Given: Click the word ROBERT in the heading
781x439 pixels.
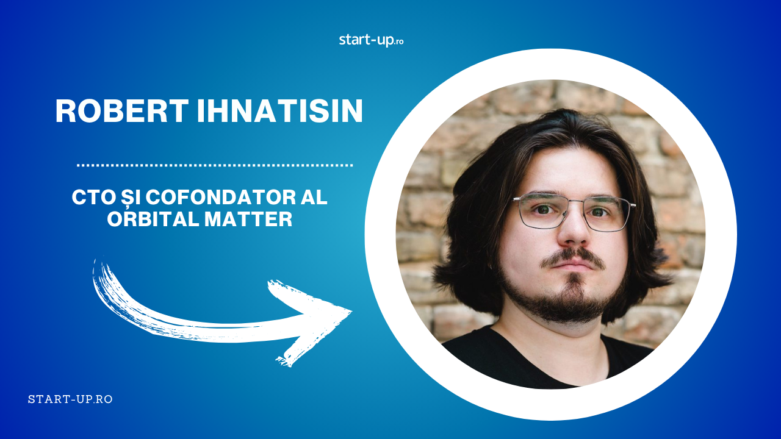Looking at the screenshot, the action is [122, 111].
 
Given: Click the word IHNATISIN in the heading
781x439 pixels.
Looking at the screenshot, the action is [280, 111].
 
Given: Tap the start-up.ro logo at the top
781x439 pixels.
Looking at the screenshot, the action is [372, 40].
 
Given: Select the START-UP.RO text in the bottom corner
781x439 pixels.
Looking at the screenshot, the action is [70, 399].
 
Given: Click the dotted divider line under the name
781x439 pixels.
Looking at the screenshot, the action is [215, 165].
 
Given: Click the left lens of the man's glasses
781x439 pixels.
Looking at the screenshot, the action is [541, 212].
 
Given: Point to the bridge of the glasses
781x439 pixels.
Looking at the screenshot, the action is [576, 202].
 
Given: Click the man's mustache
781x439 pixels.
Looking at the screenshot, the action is [573, 257].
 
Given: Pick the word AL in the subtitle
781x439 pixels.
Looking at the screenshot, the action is [314, 198].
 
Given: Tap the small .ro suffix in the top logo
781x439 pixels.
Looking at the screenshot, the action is [399, 42].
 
